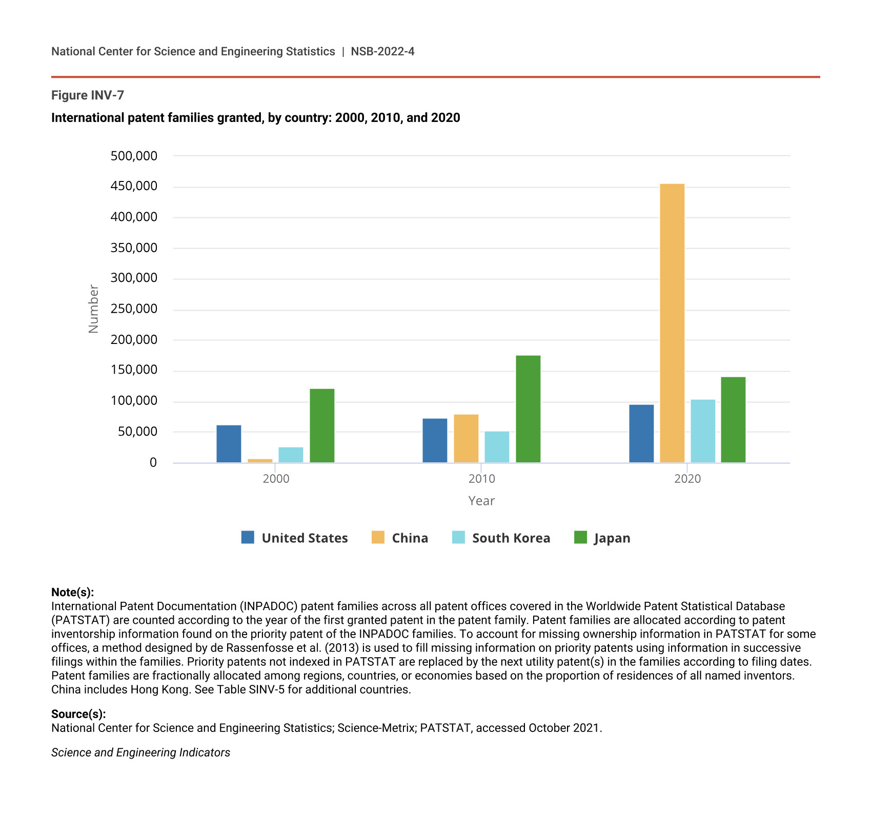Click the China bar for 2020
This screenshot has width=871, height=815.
tap(672, 323)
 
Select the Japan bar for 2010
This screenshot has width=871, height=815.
tap(528, 409)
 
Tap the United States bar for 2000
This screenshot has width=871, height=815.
tap(229, 444)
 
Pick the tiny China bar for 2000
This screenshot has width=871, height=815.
tap(260, 461)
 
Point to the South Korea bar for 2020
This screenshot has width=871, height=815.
tap(703, 431)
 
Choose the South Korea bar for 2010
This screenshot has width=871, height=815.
tap(497, 447)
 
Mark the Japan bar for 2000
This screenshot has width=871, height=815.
tap(322, 425)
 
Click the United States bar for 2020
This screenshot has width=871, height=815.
tap(641, 434)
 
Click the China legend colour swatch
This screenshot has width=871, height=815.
tap(378, 537)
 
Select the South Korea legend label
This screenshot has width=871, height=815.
tap(511, 538)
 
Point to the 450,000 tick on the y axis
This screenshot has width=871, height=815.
tap(134, 186)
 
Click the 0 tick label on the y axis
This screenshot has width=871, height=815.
tap(153, 463)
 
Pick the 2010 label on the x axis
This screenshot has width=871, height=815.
tap(481, 479)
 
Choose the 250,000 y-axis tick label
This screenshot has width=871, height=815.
tap(134, 309)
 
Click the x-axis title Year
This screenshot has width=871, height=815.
tap(481, 501)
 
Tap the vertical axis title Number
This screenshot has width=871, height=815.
tap(93, 309)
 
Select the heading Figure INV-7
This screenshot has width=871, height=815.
tap(88, 95)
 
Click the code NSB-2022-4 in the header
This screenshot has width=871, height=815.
tap(382, 51)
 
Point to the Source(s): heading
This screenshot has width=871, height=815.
tap(78, 714)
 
